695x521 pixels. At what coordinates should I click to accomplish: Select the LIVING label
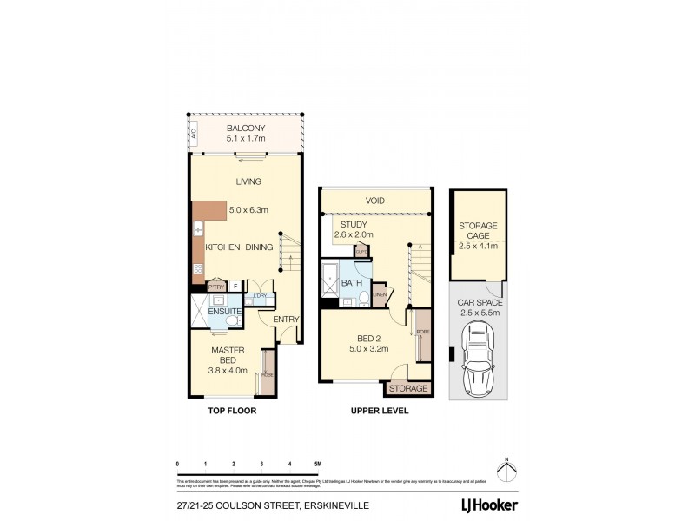pos(248,181)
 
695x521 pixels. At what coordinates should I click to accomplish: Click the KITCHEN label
pos(222,247)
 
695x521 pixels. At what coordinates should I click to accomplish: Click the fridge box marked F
pos(235,286)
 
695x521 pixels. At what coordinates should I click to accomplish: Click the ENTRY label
pos(286,320)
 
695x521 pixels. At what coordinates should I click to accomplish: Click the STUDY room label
pos(354,224)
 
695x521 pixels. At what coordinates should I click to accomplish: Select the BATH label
pos(351,283)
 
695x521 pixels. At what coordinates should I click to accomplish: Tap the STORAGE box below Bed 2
pos(408,388)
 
